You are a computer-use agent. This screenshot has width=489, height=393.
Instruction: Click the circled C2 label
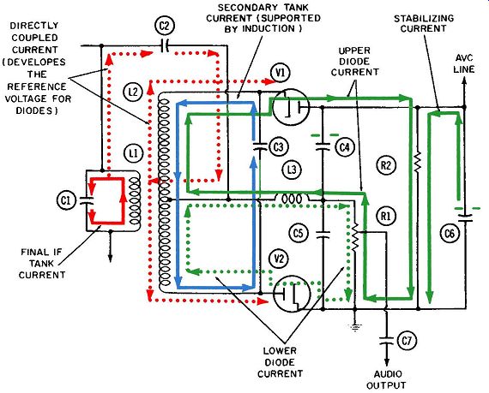(x=165, y=26)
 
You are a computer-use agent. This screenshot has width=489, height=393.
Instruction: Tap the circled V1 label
(x=280, y=73)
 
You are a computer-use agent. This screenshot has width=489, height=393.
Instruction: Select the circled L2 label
(x=133, y=92)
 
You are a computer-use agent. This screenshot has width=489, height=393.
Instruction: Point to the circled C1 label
(x=66, y=200)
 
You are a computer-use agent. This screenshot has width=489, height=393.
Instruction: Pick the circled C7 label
(x=407, y=341)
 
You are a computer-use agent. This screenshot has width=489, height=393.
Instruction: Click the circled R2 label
(x=386, y=164)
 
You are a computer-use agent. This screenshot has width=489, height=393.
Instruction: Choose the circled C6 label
(x=450, y=233)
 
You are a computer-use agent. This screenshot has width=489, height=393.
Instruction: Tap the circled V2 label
(x=279, y=259)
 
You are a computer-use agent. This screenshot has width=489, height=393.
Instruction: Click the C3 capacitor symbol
(x=259, y=146)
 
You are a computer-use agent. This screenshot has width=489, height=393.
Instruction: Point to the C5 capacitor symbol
(x=323, y=235)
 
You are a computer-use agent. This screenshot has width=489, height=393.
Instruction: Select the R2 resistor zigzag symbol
(x=418, y=161)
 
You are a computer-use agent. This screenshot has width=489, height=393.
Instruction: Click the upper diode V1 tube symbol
(x=291, y=106)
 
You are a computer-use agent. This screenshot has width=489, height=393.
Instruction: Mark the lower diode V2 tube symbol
(x=293, y=294)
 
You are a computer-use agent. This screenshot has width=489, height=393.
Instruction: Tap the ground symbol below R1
(x=354, y=327)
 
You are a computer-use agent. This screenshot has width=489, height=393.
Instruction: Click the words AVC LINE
(x=464, y=63)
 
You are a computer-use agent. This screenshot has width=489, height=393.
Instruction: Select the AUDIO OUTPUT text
(x=386, y=379)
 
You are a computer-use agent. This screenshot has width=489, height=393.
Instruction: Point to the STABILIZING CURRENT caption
(x=424, y=24)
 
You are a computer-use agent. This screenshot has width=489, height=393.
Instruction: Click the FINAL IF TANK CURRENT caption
(x=42, y=263)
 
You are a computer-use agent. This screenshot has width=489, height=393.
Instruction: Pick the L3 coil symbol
(x=292, y=199)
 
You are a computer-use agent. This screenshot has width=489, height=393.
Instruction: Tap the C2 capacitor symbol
(x=164, y=45)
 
